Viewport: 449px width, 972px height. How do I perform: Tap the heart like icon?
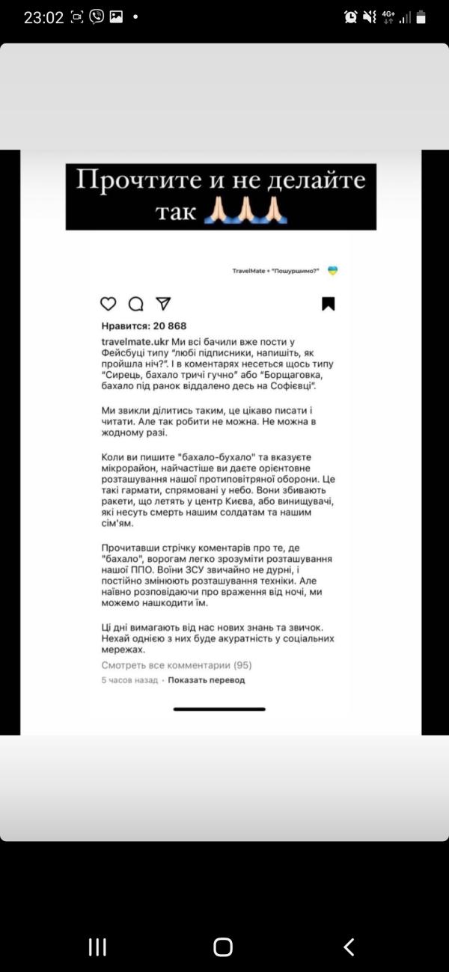(x=109, y=304)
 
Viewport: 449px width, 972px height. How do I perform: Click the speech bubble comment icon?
(x=135, y=304)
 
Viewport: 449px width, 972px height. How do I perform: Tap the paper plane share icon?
(x=163, y=304)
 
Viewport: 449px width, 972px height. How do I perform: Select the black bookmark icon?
(x=328, y=304)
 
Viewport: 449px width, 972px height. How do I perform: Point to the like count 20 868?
(x=170, y=326)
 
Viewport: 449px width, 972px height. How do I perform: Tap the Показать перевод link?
(x=206, y=680)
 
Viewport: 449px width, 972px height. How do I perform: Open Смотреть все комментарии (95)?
(x=177, y=664)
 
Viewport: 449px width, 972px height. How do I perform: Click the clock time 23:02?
(x=43, y=17)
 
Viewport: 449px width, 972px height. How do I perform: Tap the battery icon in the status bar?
(x=421, y=16)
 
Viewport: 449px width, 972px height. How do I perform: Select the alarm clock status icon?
(x=350, y=16)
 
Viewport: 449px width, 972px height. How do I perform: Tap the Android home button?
(x=223, y=947)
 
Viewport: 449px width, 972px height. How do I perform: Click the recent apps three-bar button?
(x=97, y=947)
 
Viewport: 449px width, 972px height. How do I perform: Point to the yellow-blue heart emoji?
(x=333, y=271)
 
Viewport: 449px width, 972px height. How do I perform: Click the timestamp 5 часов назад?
(x=129, y=680)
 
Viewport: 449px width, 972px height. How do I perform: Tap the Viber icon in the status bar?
(x=97, y=16)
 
